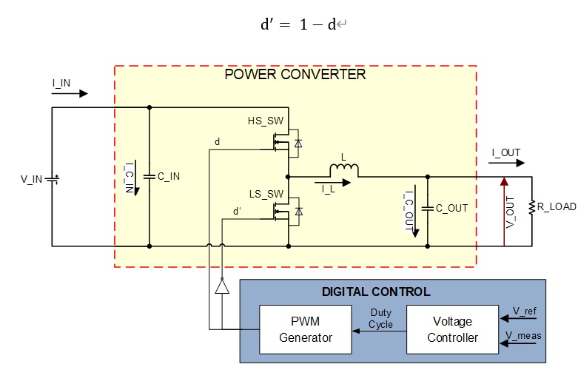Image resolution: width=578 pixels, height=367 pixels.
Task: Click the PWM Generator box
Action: point(306,329)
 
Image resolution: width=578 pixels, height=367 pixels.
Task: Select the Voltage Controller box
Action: point(452,329)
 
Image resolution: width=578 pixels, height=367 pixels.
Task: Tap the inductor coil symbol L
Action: point(344,170)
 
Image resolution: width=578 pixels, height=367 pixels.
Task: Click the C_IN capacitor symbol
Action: point(149,177)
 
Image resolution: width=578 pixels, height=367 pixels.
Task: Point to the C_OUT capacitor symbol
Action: point(428,209)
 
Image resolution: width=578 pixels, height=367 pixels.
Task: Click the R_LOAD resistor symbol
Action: point(532,207)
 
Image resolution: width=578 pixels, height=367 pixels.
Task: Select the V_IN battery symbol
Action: point(52,180)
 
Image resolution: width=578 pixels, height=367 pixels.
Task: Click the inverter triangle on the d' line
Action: point(222,286)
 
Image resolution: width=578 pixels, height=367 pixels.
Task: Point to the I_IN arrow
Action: point(70,93)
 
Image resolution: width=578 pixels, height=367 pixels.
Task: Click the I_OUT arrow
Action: point(506,163)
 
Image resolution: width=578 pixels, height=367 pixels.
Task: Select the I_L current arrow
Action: point(332,183)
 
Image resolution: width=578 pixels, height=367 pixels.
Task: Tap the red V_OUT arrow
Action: point(504,212)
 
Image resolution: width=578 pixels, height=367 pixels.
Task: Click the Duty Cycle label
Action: point(381,319)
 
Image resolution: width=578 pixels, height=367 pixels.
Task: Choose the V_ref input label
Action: point(525,311)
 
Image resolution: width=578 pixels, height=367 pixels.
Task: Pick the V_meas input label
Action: point(523,336)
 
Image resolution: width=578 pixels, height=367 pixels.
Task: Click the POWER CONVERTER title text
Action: point(295,75)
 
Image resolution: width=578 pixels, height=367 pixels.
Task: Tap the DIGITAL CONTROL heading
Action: point(376,292)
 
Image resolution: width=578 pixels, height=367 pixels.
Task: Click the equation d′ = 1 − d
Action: point(299,24)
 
